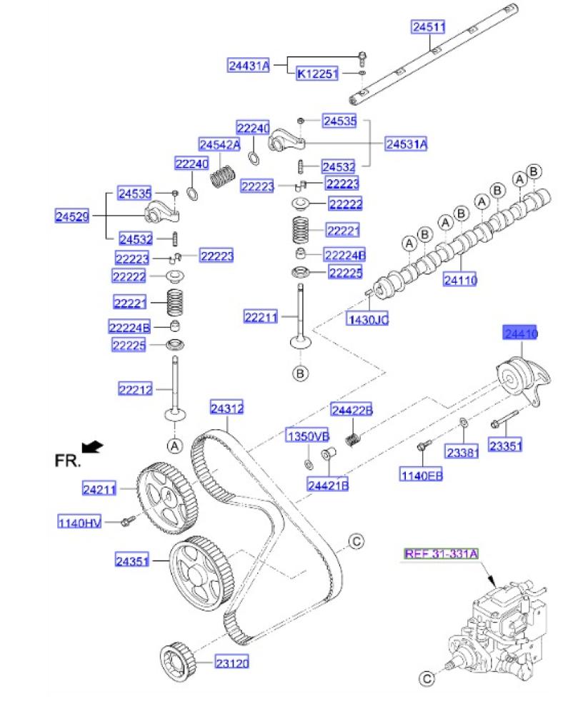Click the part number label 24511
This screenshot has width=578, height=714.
click(x=428, y=28)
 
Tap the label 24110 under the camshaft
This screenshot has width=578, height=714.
click(x=459, y=281)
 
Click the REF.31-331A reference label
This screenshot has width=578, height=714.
click(x=441, y=553)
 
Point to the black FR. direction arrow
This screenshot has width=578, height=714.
click(x=93, y=448)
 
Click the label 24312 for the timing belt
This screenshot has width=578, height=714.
click(x=227, y=409)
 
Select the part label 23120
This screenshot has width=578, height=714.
click(x=232, y=663)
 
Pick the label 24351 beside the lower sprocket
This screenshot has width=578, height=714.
click(x=132, y=561)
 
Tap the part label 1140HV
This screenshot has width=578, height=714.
click(x=80, y=523)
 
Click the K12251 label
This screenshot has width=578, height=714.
click(x=317, y=74)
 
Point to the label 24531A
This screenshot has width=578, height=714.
click(x=406, y=144)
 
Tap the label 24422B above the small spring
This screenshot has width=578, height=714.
click(x=352, y=410)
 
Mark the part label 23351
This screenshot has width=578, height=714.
click(x=506, y=446)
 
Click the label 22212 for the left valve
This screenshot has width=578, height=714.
click(x=136, y=389)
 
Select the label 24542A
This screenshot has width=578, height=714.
click(x=219, y=144)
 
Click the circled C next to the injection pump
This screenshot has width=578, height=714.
click(x=426, y=678)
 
